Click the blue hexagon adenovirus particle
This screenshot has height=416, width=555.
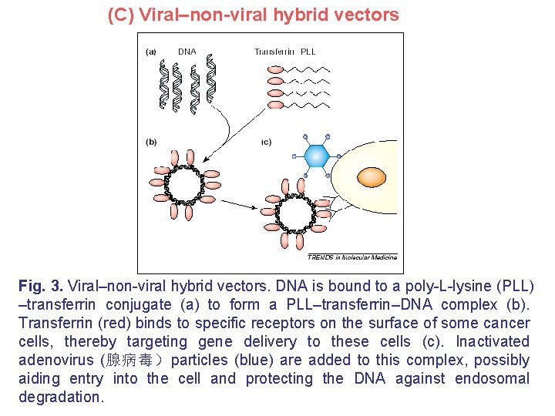tap(316, 156)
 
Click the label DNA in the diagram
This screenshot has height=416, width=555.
tap(187, 52)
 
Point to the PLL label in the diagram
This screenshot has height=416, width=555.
tap(308, 52)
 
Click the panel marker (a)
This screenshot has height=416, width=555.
tap(151, 52)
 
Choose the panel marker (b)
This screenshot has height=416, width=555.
tap(151, 142)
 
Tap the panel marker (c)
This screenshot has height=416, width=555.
tap(267, 142)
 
